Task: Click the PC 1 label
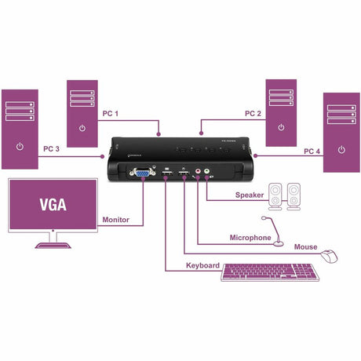tap(111, 114)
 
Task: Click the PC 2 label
tap(252, 114)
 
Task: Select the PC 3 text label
tap(52, 148)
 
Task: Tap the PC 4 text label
tap(312, 151)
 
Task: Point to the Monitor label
tap(115, 220)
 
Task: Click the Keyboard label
tap(202, 265)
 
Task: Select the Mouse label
tap(305, 247)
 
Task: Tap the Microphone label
tap(250, 237)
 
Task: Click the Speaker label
tap(249, 195)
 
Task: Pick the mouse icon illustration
tap(330, 255)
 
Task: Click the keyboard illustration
tap(272, 273)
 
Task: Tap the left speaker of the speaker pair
tap(276, 195)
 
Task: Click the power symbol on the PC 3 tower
tap(20, 147)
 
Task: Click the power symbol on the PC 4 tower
tap(341, 148)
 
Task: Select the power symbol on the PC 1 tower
tap(83, 127)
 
